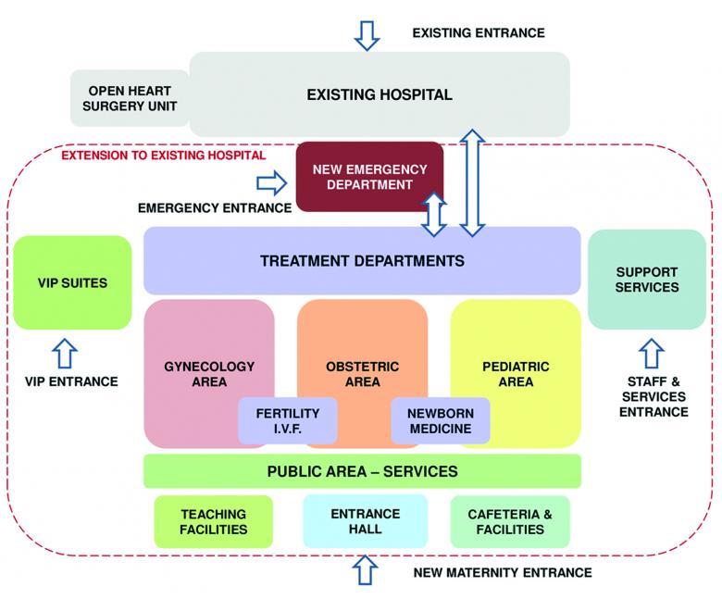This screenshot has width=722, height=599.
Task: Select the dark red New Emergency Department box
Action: (369, 177)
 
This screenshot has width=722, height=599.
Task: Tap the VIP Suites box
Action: (72, 282)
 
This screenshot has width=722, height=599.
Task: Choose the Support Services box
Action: (646, 280)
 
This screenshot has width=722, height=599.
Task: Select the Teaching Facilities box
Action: (214, 521)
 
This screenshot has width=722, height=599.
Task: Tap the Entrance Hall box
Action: (365, 521)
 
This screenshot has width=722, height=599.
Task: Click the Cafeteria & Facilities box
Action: (510, 521)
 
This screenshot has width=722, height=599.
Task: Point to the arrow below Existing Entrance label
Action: (367, 33)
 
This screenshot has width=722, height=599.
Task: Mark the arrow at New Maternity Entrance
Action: (367, 570)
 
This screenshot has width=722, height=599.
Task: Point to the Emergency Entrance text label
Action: (214, 207)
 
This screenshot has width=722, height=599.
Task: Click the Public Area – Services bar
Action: (362, 471)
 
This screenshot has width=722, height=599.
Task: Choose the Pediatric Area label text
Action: (516, 374)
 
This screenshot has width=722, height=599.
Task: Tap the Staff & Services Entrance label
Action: (654, 396)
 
